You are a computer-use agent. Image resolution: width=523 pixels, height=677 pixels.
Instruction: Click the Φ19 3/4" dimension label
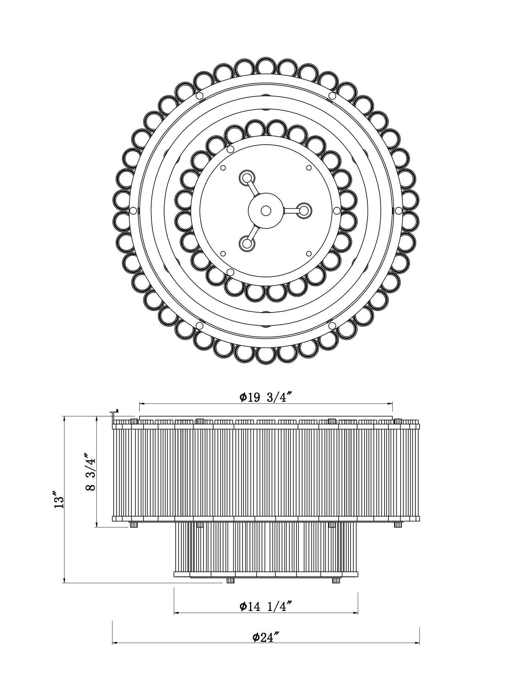click(266, 397)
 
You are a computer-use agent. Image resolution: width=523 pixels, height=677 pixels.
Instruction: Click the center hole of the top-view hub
click(265, 211)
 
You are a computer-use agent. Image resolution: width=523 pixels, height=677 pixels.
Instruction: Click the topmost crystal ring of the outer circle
click(266, 66)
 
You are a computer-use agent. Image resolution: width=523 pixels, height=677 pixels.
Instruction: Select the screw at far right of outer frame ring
click(398, 210)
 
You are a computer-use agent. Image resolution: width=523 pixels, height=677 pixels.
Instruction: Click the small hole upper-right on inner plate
click(309, 168)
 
